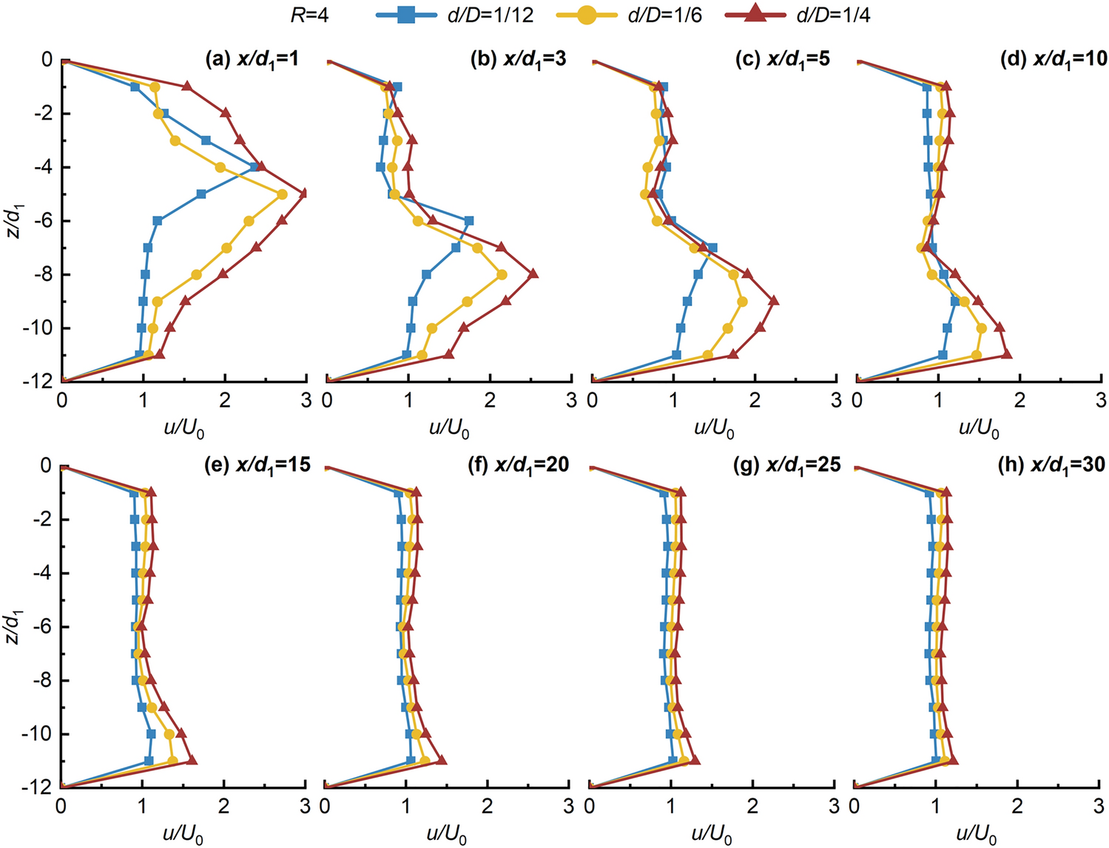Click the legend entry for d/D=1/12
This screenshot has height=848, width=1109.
tap(454, 15)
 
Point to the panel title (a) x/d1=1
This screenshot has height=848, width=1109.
tap(252, 59)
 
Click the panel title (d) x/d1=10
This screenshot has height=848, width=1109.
tap(1053, 59)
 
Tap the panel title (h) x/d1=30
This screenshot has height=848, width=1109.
tap(1054, 464)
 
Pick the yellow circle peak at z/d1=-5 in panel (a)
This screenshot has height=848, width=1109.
tap(282, 194)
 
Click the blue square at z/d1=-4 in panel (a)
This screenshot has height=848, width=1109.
tap(255, 167)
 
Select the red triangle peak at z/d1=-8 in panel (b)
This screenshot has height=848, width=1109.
tap(533, 274)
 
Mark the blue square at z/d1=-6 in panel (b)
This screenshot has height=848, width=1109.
tap(468, 221)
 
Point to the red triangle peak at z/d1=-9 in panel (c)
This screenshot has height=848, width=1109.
tap(773, 301)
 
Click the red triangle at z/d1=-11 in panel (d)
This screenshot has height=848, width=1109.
tap(1006, 355)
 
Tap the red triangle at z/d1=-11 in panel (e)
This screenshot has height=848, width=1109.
tap(192, 760)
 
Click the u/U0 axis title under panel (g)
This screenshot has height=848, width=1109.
tap(712, 835)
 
